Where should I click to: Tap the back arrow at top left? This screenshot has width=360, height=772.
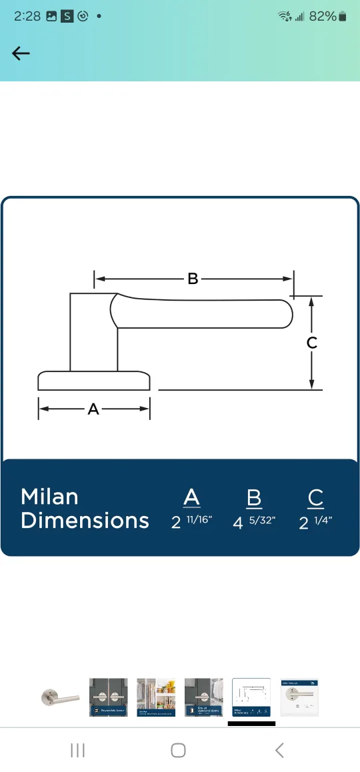21,54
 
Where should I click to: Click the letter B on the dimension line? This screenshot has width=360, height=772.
193,279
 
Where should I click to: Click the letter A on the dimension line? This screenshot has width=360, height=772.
93,409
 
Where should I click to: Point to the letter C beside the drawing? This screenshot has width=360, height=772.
311,343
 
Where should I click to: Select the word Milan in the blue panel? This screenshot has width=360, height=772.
49,497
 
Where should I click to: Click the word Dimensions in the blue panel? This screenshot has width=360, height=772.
85,521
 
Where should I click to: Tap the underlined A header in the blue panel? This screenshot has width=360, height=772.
191,498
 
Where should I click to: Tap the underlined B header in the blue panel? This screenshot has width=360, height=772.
253,498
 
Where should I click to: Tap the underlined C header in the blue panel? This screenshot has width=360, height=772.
315,498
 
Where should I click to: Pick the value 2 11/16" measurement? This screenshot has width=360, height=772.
191,522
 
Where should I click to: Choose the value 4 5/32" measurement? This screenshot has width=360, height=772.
253,522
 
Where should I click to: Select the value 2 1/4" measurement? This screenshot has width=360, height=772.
315,522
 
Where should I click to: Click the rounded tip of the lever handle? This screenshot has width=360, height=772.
285,314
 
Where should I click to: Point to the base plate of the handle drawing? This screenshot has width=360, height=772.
93,381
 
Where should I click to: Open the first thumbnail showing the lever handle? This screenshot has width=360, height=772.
59,697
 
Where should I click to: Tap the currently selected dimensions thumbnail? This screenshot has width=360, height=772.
251,697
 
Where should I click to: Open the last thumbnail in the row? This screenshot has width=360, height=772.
299,697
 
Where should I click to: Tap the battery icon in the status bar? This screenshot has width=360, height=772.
343,17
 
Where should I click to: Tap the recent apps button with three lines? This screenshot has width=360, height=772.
78,751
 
